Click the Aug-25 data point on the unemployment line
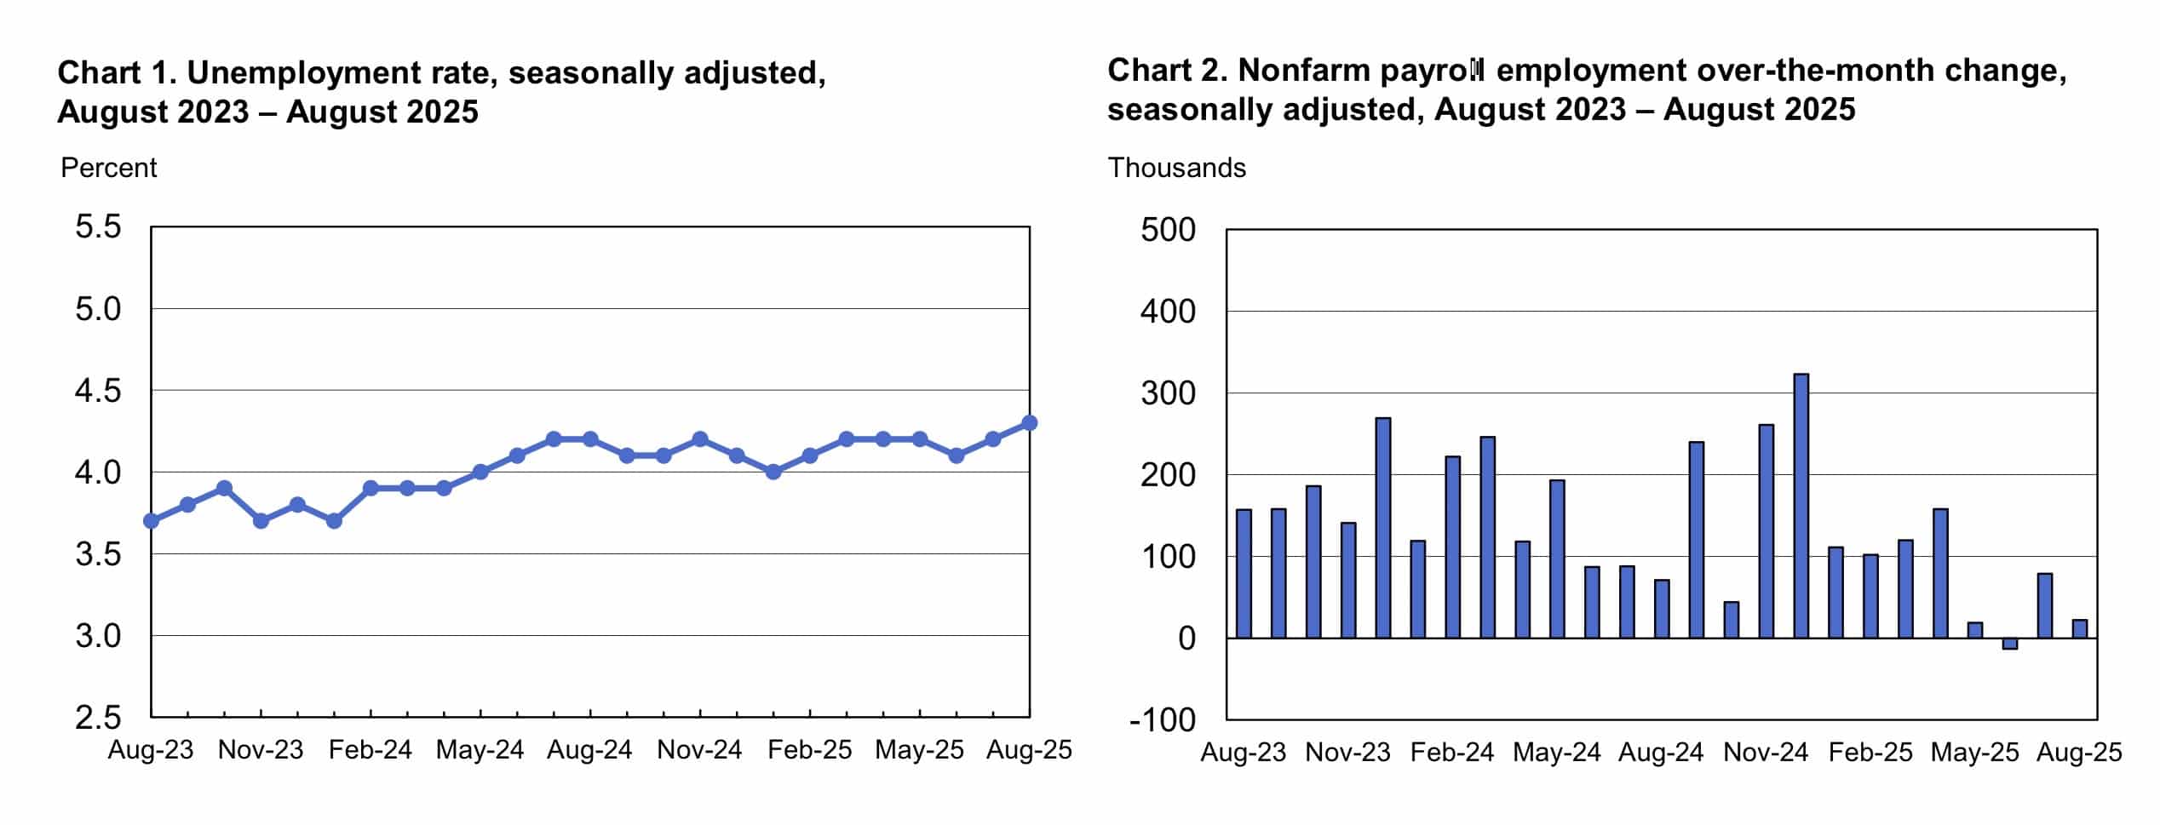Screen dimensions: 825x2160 pyautogui.click(x=1029, y=422)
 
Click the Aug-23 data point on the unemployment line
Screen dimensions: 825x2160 pyautogui.click(x=152, y=520)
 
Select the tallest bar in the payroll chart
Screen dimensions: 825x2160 pyautogui.click(x=1801, y=506)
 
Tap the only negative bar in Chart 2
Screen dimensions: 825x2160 pyautogui.click(x=2010, y=644)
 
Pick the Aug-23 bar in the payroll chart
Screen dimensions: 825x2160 pyautogui.click(x=1244, y=573)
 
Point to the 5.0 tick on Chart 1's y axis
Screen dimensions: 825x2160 pyautogui.click(x=98, y=309)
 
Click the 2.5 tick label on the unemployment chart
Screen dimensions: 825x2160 pyautogui.click(x=98, y=718)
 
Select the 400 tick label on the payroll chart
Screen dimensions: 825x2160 pyautogui.click(x=1168, y=312)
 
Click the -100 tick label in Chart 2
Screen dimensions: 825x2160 pyautogui.click(x=1163, y=720)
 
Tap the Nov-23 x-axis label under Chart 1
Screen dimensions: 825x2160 pyautogui.click(x=261, y=750)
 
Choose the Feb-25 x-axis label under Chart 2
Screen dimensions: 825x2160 pyautogui.click(x=1870, y=753)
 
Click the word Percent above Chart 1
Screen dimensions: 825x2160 pyautogui.click(x=109, y=168)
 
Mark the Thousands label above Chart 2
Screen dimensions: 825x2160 pyautogui.click(x=1176, y=168)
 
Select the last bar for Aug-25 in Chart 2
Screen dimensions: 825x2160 pyautogui.click(x=2080, y=628)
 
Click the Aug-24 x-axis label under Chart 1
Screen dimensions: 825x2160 pyautogui.click(x=589, y=750)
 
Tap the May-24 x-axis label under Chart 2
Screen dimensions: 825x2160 pyautogui.click(x=1556, y=753)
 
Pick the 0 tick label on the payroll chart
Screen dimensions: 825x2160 pyautogui.click(x=1186, y=639)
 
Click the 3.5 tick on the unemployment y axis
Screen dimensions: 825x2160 pyautogui.click(x=98, y=554)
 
